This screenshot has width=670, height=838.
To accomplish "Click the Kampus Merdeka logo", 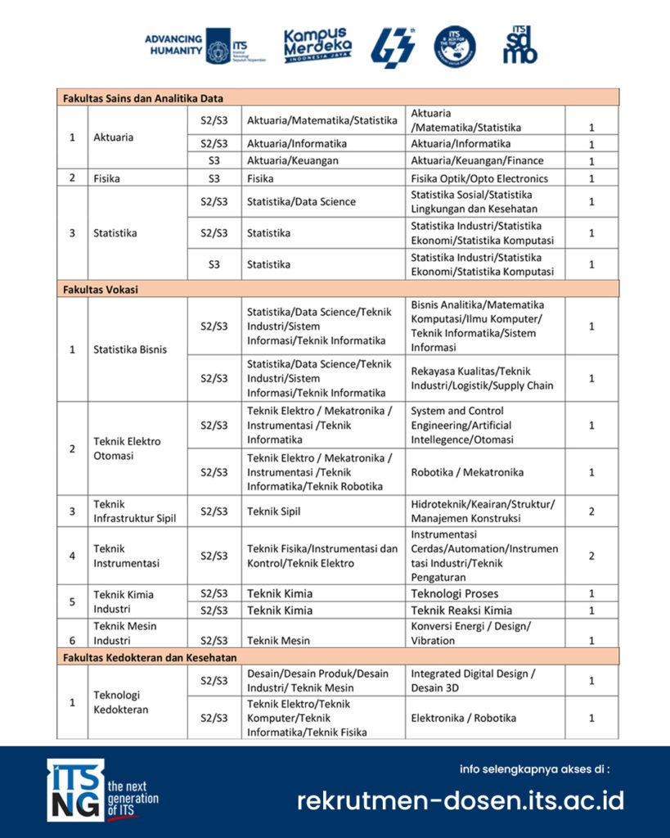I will (318, 46).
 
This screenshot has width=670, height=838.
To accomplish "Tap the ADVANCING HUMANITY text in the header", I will (173, 45).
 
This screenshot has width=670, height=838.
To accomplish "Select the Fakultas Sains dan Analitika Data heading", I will (144, 98).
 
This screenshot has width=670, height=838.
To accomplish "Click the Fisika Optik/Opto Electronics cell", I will (479, 178).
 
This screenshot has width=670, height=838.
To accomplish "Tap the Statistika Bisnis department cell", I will (130, 349).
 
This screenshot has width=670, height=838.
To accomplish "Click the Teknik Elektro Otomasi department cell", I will (128, 448).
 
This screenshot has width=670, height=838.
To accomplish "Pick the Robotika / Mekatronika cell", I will (467, 472).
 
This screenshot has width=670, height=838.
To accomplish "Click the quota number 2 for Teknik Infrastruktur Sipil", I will (591, 511).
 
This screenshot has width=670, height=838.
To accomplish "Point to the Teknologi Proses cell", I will (454, 593).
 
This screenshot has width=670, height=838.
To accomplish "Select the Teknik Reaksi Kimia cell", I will (461, 610).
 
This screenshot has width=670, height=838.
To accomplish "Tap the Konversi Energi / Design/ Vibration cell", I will (471, 633).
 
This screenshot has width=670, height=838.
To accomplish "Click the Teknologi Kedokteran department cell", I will (121, 702).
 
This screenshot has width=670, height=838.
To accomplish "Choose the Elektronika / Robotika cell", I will (463, 718).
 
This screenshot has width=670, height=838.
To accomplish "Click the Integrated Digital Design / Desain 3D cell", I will (474, 680).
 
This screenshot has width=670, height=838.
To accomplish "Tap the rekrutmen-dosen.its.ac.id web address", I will (460, 800).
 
